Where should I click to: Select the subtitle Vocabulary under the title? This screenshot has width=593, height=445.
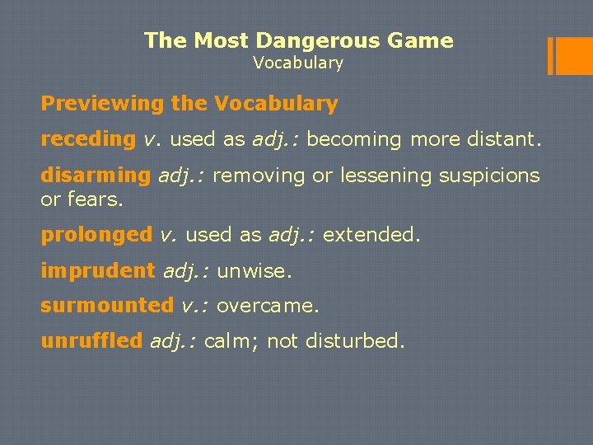click(x=297, y=63)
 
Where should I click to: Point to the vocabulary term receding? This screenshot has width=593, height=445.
click(x=88, y=139)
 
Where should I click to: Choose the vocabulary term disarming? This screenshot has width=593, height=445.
click(x=96, y=175)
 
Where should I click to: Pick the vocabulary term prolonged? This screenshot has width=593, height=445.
click(x=96, y=235)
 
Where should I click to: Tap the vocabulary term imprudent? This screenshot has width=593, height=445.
click(x=97, y=270)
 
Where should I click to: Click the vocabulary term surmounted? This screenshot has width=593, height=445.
click(x=107, y=306)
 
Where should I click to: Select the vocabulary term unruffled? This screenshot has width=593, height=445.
click(x=91, y=341)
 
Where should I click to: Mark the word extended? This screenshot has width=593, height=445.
click(x=371, y=235)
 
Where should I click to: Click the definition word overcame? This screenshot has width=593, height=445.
click(x=267, y=306)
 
